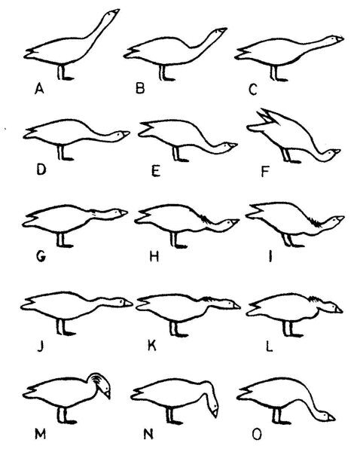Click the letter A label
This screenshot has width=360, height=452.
pyautogui.click(x=39, y=88)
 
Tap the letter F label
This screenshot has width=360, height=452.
pyautogui.click(x=265, y=172)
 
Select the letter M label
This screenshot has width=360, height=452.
pyautogui.click(x=40, y=434)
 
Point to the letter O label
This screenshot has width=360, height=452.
pyautogui.click(x=257, y=435)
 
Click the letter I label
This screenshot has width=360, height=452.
pyautogui.click(x=270, y=256)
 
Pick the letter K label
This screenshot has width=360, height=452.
pyautogui.click(x=152, y=345)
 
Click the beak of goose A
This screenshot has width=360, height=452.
pyautogui.click(x=116, y=11)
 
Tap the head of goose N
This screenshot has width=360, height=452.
pyautogui.click(x=213, y=408)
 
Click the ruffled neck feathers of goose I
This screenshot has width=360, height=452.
pyautogui.click(x=315, y=222)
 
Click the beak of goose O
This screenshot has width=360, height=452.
pyautogui.click(x=331, y=417)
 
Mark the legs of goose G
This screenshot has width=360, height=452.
pyautogui.click(x=61, y=240)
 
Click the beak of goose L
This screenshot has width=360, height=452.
pyautogui.click(x=338, y=310)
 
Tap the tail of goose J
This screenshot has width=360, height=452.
pyautogui.click(x=29, y=304)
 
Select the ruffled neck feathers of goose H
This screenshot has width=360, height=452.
pyautogui.click(x=205, y=218)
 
